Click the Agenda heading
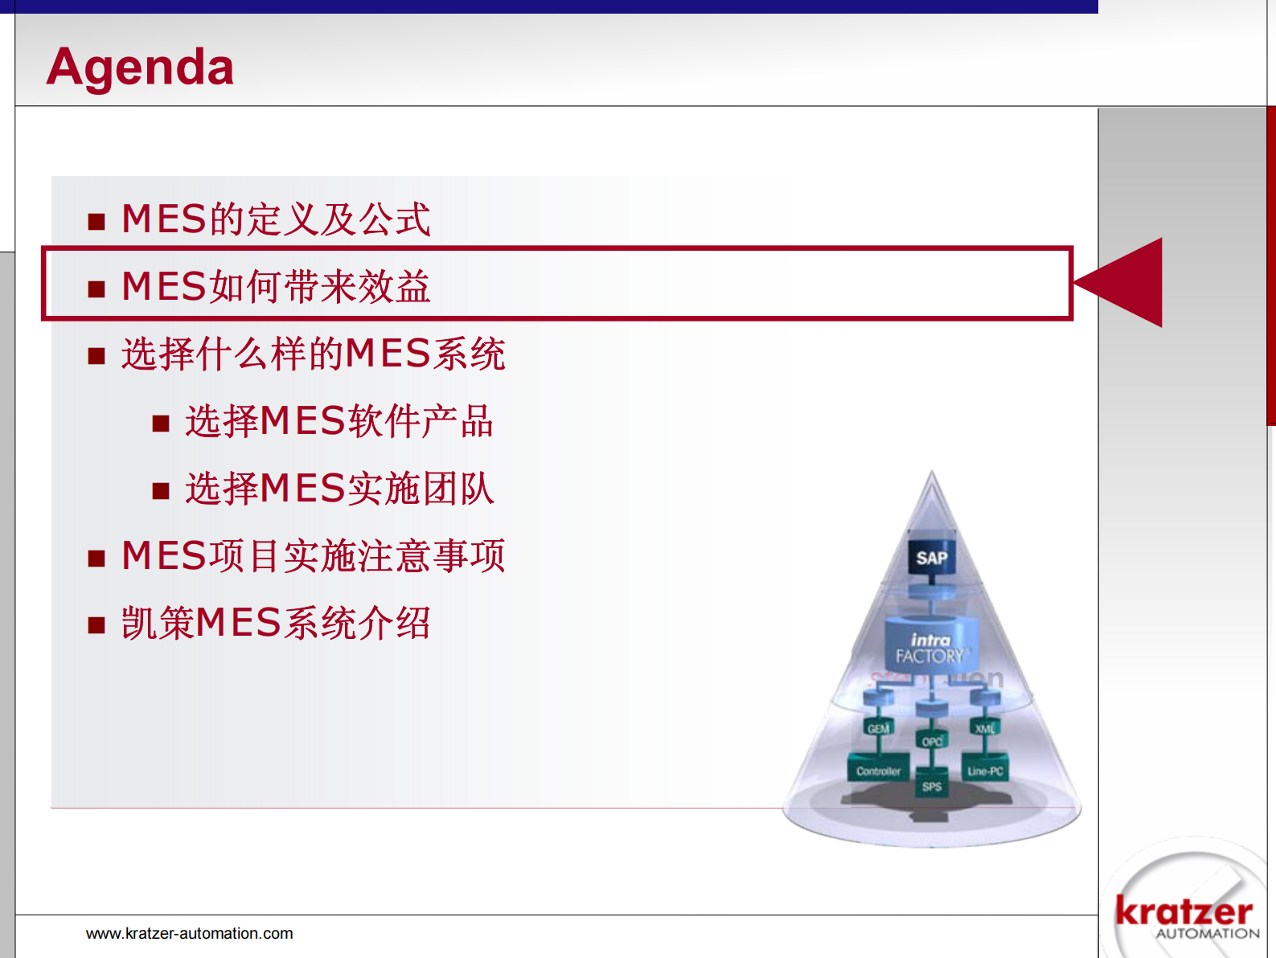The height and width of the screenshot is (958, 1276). pos(140,67)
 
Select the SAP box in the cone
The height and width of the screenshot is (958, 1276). pos(931,558)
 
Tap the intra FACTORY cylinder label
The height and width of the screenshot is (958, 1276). pos(930,649)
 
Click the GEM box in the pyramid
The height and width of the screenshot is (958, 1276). pos(878,728)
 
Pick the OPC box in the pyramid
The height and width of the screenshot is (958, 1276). pos(931,741)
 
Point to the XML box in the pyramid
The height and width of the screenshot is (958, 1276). pos(985,728)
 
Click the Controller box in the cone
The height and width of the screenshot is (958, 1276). pos(878,771)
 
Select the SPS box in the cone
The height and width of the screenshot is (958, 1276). pos(931,786)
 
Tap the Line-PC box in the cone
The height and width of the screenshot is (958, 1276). pos(985,771)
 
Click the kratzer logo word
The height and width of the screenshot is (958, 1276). pos(1184,911)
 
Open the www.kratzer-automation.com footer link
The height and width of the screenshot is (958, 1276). pos(189,934)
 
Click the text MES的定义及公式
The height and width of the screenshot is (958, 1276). pos(276,219)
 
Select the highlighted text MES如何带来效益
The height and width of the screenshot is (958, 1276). pos(276,287)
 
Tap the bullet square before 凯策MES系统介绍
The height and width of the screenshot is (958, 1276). pos(96,625)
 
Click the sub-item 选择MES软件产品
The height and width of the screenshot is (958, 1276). pos(339,421)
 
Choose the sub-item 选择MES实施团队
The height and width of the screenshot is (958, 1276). pos(339,489)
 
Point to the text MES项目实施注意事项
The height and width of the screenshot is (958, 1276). pos(313,556)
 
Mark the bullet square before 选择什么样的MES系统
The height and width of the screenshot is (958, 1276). pos(96,356)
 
